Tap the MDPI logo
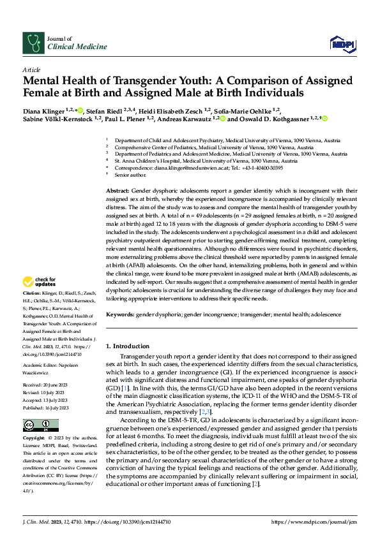tap(340, 43)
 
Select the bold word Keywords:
tap(120, 315)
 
